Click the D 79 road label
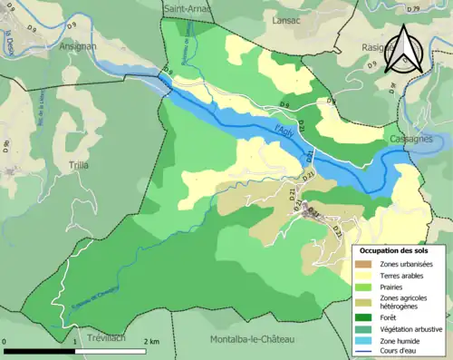[439, 7]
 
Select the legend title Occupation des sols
[393, 249]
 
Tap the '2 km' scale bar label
[151, 341]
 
